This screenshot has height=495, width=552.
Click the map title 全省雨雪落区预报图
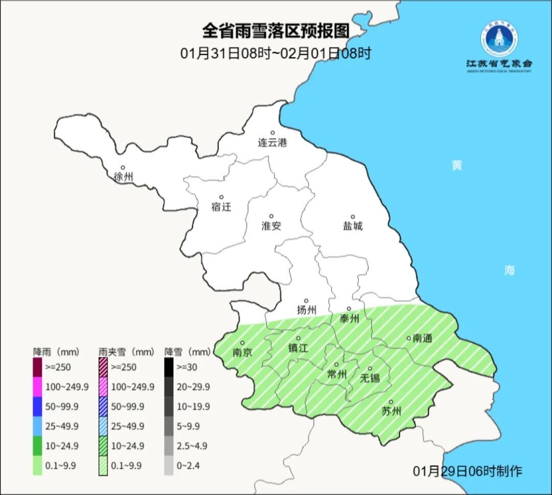275,31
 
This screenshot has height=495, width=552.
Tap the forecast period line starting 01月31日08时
275,53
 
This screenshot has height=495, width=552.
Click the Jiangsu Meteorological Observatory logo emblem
499,39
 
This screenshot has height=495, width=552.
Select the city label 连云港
272,143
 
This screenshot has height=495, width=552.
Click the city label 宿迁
221,207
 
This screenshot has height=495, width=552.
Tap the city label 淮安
271,226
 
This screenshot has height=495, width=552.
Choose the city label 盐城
352,226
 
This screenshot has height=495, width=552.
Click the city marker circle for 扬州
306,301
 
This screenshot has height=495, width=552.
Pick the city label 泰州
349,319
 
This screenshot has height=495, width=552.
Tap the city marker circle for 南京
242,343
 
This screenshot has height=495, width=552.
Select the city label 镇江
298,348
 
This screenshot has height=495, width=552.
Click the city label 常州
337,375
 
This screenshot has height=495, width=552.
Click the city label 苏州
392,411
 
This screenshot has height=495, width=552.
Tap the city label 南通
423,338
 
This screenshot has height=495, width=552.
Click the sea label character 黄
456,165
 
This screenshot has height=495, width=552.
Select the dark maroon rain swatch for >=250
38,367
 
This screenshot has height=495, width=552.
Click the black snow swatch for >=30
169,367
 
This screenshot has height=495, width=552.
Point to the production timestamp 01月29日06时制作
467,471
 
